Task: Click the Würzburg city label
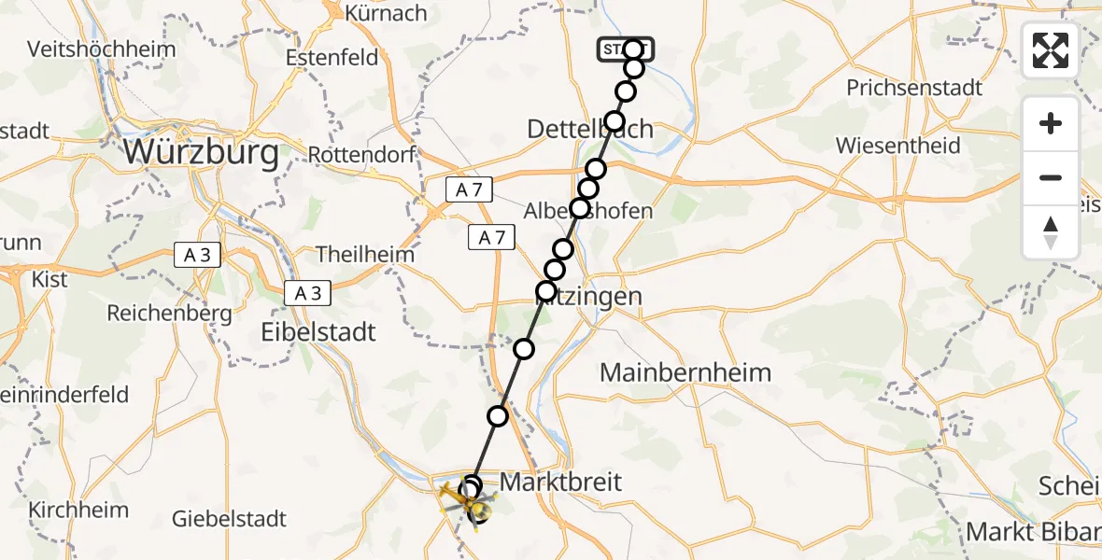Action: click(201, 153)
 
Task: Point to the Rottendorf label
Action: click(360, 153)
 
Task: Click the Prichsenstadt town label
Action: click(914, 88)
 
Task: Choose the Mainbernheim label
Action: click(685, 373)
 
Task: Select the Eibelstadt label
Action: click(318, 331)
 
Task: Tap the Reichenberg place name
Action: click(169, 314)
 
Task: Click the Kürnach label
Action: click(386, 13)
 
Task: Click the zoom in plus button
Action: click(1051, 123)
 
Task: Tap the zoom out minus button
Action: click(1051, 177)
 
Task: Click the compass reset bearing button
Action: click(1051, 232)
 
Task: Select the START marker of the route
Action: click(626, 49)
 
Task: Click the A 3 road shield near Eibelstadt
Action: click(307, 293)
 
